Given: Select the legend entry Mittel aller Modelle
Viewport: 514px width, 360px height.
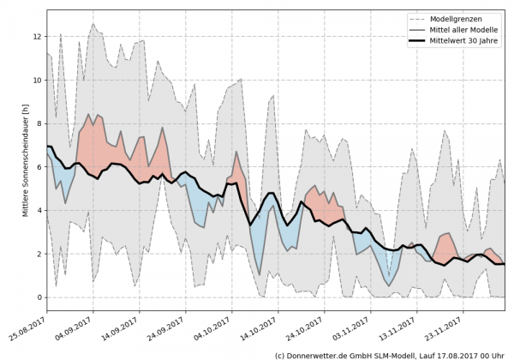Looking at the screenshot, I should [466, 30].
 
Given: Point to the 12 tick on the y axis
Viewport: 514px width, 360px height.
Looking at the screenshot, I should [37, 37].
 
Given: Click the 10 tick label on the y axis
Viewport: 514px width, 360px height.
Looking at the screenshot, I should [37, 81].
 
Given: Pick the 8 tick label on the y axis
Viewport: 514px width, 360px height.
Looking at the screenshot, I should [39, 124].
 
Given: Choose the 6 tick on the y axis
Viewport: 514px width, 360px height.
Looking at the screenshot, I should [39, 167].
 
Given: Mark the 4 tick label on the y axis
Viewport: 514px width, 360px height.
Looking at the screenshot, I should [39, 211].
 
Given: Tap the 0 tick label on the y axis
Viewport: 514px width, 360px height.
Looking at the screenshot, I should [39, 297].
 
